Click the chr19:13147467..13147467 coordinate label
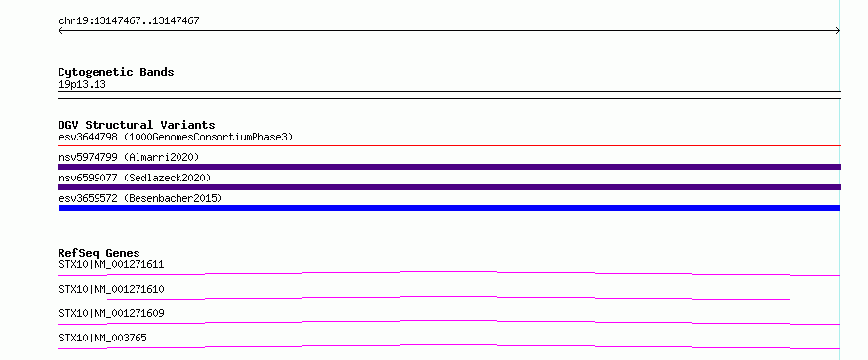click(x=129, y=21)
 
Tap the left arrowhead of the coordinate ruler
click(x=60, y=31)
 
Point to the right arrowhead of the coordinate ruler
click(x=838, y=31)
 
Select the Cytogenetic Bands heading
click(x=116, y=72)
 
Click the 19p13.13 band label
click(x=82, y=85)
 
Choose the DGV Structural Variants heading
click(x=137, y=125)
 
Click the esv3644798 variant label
click(x=88, y=137)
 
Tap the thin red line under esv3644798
click(x=449, y=145)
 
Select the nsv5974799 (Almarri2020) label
click(x=129, y=157)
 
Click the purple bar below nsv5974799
click(x=449, y=167)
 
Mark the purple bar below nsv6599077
click(x=449, y=187)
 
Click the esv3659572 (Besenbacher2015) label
click(x=140, y=198)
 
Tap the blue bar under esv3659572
click(x=449, y=208)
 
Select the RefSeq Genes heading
click(x=99, y=253)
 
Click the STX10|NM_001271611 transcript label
click(x=111, y=264)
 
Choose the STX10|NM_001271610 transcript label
click(x=111, y=289)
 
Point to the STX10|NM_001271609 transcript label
click(x=111, y=313)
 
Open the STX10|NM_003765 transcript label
click(x=103, y=338)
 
